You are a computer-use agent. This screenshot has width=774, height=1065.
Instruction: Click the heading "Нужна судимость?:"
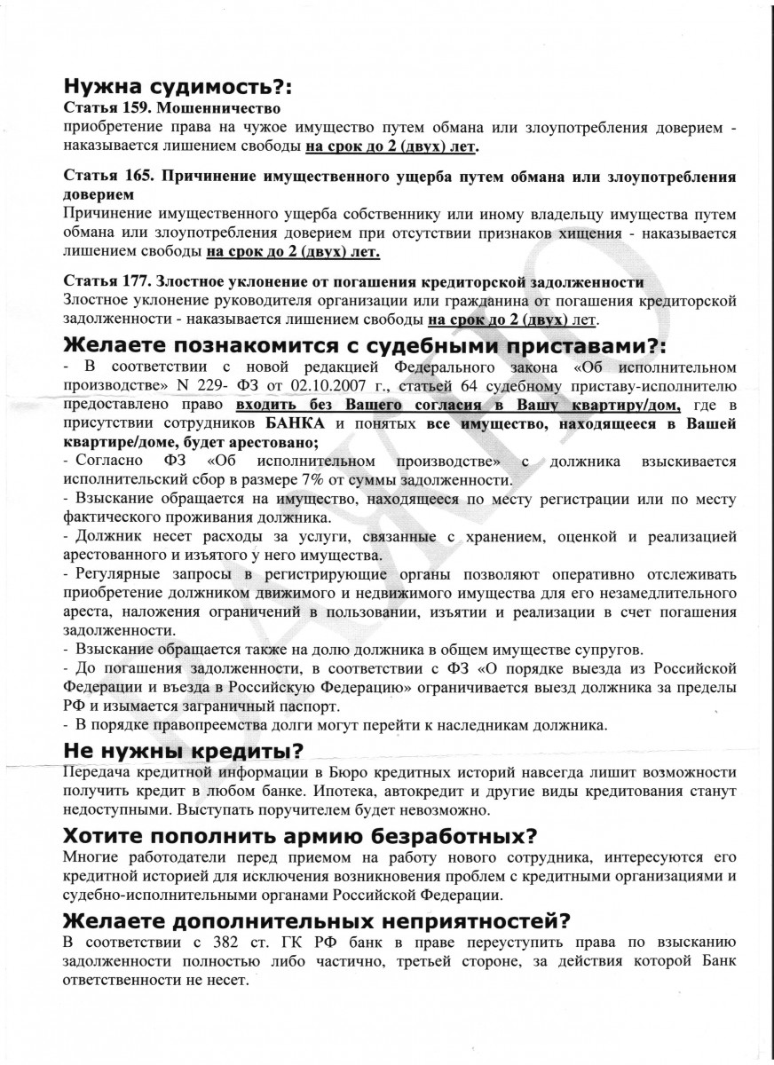click(x=178, y=88)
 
